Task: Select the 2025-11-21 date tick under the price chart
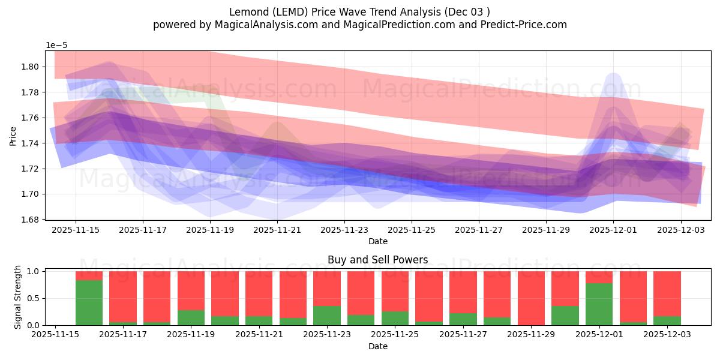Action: pyautogui.click(x=277, y=229)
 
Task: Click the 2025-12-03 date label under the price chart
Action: pyautogui.click(x=680, y=229)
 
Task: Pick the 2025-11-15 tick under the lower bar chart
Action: pyautogui.click(x=55, y=335)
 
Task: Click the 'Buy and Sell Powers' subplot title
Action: pyautogui.click(x=377, y=260)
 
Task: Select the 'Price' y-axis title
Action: pyautogui.click(x=13, y=135)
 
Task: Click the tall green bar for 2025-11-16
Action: pyautogui.click(x=89, y=302)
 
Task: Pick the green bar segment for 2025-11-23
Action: pyautogui.click(x=327, y=316)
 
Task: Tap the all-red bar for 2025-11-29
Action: pyautogui.click(x=531, y=298)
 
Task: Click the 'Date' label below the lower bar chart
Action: pyautogui.click(x=377, y=346)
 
